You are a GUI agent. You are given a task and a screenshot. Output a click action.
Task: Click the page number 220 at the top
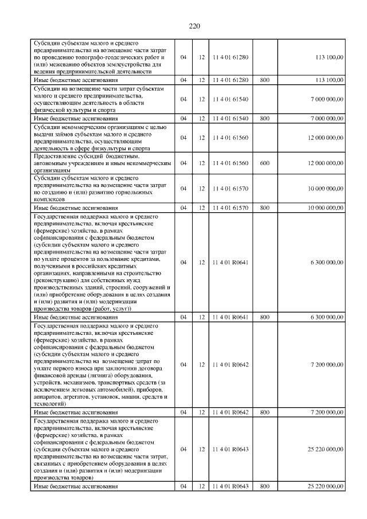(x=194, y=26)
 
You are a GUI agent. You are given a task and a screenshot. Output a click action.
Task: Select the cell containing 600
(x=264, y=163)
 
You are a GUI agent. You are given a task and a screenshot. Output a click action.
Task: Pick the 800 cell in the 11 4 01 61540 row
(x=264, y=118)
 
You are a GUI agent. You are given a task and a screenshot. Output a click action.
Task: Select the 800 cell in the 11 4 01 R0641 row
(x=264, y=317)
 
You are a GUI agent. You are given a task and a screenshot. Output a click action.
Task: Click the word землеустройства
(x=122, y=65)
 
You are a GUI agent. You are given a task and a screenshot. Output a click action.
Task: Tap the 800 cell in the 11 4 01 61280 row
(x=264, y=81)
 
